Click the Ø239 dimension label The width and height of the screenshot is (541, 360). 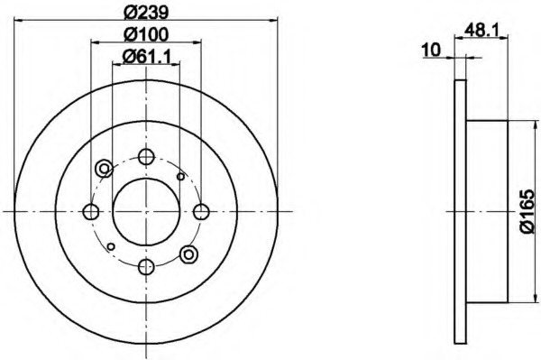click(146, 13)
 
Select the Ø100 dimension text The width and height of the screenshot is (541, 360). click(146, 34)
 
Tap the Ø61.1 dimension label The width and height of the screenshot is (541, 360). click(147, 56)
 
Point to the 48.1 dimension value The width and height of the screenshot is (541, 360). click(481, 31)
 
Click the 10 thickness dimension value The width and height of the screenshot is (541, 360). click(432, 50)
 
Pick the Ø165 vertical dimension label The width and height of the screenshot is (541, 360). click(528, 211)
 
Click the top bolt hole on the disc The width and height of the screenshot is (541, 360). click(146, 157)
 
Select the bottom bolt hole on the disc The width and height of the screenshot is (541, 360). click(146, 266)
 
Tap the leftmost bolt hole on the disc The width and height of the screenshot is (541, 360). click(91, 211)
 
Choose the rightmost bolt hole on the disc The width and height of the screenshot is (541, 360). click(201, 211)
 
